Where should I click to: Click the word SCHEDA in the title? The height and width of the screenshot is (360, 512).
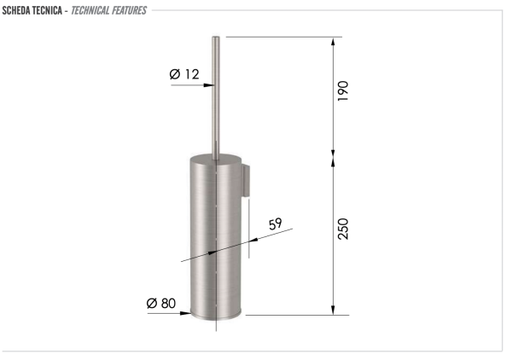(x=19, y=10)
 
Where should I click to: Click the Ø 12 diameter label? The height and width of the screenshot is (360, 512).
(x=184, y=74)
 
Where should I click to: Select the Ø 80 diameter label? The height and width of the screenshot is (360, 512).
(x=162, y=302)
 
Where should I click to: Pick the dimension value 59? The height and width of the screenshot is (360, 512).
(x=275, y=224)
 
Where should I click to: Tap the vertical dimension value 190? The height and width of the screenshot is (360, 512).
(x=343, y=90)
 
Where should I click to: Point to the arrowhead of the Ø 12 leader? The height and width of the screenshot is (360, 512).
(x=206, y=86)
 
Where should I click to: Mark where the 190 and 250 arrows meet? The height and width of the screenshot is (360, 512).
(x=333, y=156)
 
